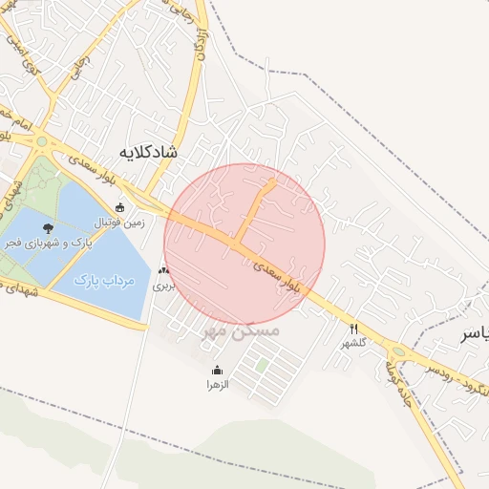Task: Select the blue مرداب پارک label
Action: tap(106, 281)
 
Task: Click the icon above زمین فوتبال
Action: tap(119, 206)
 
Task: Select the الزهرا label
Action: tap(218, 384)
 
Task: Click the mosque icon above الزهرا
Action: tap(218, 371)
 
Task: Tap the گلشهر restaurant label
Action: tap(354, 341)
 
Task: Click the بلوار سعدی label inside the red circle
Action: tap(286, 274)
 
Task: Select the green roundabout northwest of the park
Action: tap(41, 142)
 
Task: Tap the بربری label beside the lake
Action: tap(166, 285)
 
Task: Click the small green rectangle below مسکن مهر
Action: tap(261, 365)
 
